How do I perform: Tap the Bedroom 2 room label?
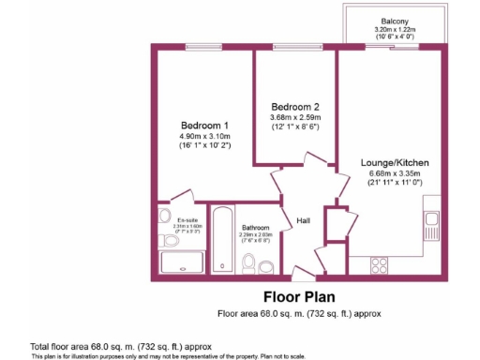[x=296, y=105]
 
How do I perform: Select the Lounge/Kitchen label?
[x=395, y=162]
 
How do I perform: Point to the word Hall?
[x=303, y=220]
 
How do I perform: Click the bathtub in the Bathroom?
[x=221, y=238]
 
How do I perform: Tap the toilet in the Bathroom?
[x=249, y=266]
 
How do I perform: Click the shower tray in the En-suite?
[x=172, y=262]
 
